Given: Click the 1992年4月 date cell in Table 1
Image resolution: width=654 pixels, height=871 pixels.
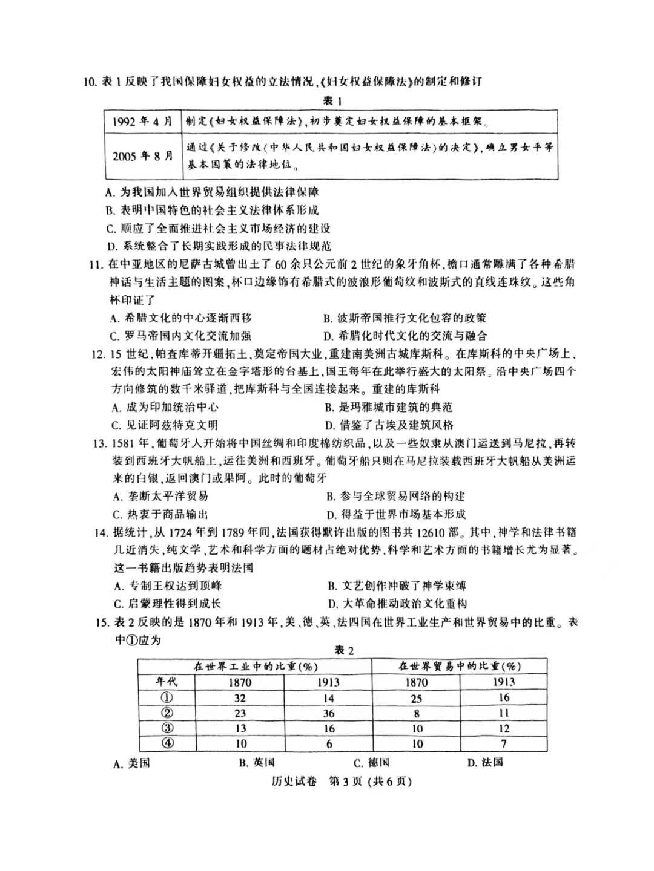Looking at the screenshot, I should (142, 121).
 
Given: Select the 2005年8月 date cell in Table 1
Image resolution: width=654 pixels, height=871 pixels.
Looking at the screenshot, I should (142, 156).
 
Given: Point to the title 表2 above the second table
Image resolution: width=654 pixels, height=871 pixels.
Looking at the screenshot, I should (344, 650).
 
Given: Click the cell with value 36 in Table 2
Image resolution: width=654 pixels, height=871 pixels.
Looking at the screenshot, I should (329, 713).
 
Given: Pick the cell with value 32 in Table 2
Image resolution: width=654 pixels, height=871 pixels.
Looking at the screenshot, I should (240, 697).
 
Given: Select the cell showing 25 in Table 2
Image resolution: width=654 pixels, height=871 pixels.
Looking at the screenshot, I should (417, 698).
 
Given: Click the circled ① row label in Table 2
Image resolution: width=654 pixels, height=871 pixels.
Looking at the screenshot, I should (167, 697).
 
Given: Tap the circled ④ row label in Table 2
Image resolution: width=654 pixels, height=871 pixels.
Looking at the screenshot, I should (167, 743).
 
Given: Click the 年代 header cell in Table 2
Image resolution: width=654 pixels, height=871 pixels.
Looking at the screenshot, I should (167, 682).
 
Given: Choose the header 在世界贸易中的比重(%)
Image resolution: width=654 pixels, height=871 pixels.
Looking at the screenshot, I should (460, 666).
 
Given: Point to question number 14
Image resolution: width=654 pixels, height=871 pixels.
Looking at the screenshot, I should (101, 532).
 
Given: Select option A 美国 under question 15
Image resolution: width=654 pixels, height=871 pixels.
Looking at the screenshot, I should (131, 764).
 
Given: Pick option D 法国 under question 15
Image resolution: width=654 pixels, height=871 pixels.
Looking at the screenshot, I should (484, 763).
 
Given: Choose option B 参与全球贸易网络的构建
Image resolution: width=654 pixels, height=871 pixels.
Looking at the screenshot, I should (395, 496).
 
